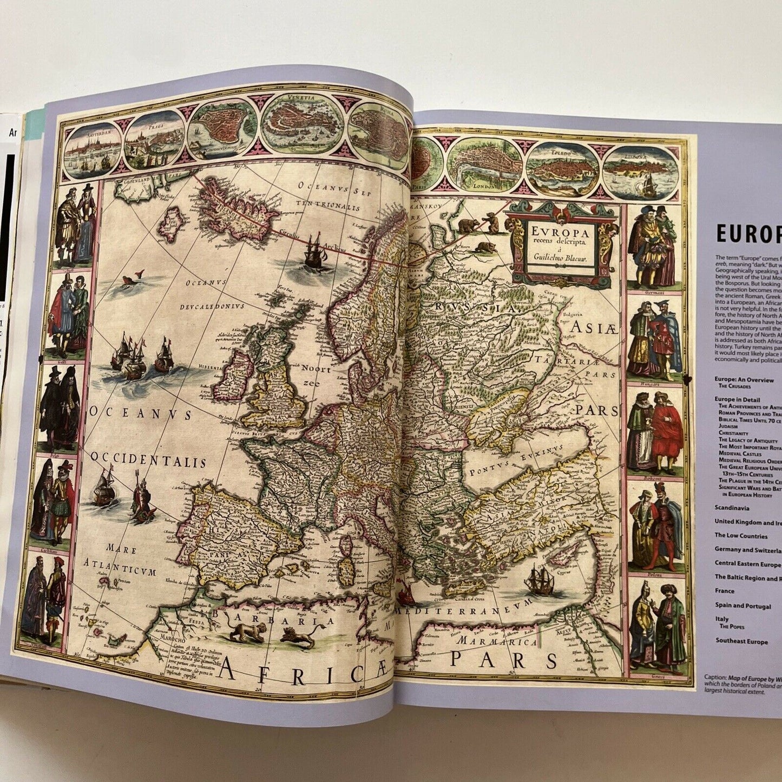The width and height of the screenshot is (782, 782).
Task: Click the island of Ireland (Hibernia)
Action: (x=232, y=373)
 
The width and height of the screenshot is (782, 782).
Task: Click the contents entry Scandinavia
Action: (x=732, y=508)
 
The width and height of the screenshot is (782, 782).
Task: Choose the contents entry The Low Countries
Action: (x=740, y=536)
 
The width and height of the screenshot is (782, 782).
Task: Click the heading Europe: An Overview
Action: (x=744, y=380)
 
